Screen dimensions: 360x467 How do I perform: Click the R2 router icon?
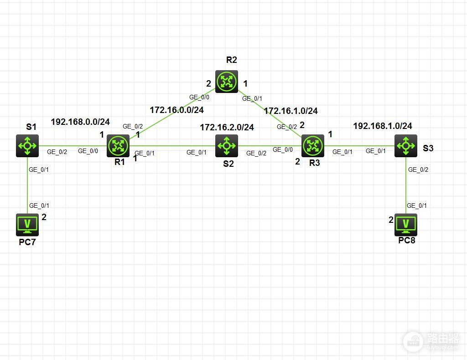tap(227, 82)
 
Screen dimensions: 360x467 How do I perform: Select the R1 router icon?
tap(118, 146)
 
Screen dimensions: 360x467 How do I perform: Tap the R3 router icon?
tap(313, 146)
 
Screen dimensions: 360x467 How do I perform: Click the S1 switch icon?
tap(27, 146)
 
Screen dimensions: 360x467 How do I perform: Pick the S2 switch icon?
tap(227, 146)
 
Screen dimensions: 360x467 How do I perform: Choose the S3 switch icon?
tap(405, 146)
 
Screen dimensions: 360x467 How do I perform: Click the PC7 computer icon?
tap(27, 224)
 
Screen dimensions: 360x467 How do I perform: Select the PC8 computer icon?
tap(405, 224)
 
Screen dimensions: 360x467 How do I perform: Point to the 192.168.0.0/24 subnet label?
tap(80, 122)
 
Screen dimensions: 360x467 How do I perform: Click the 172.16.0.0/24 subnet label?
tap(176, 110)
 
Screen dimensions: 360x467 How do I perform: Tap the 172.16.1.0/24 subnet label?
tap(291, 110)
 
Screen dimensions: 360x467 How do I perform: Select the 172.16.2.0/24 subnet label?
tap(227, 128)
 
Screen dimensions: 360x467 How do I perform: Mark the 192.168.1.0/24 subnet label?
tap(382, 126)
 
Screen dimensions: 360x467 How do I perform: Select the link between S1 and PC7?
tap(27, 187)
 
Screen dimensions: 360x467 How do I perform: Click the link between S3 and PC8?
tap(405, 187)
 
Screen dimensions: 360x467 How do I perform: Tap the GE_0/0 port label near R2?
tap(199, 97)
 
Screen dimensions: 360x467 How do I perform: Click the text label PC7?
tap(27, 242)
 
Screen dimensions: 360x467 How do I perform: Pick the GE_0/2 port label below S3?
tap(418, 170)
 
